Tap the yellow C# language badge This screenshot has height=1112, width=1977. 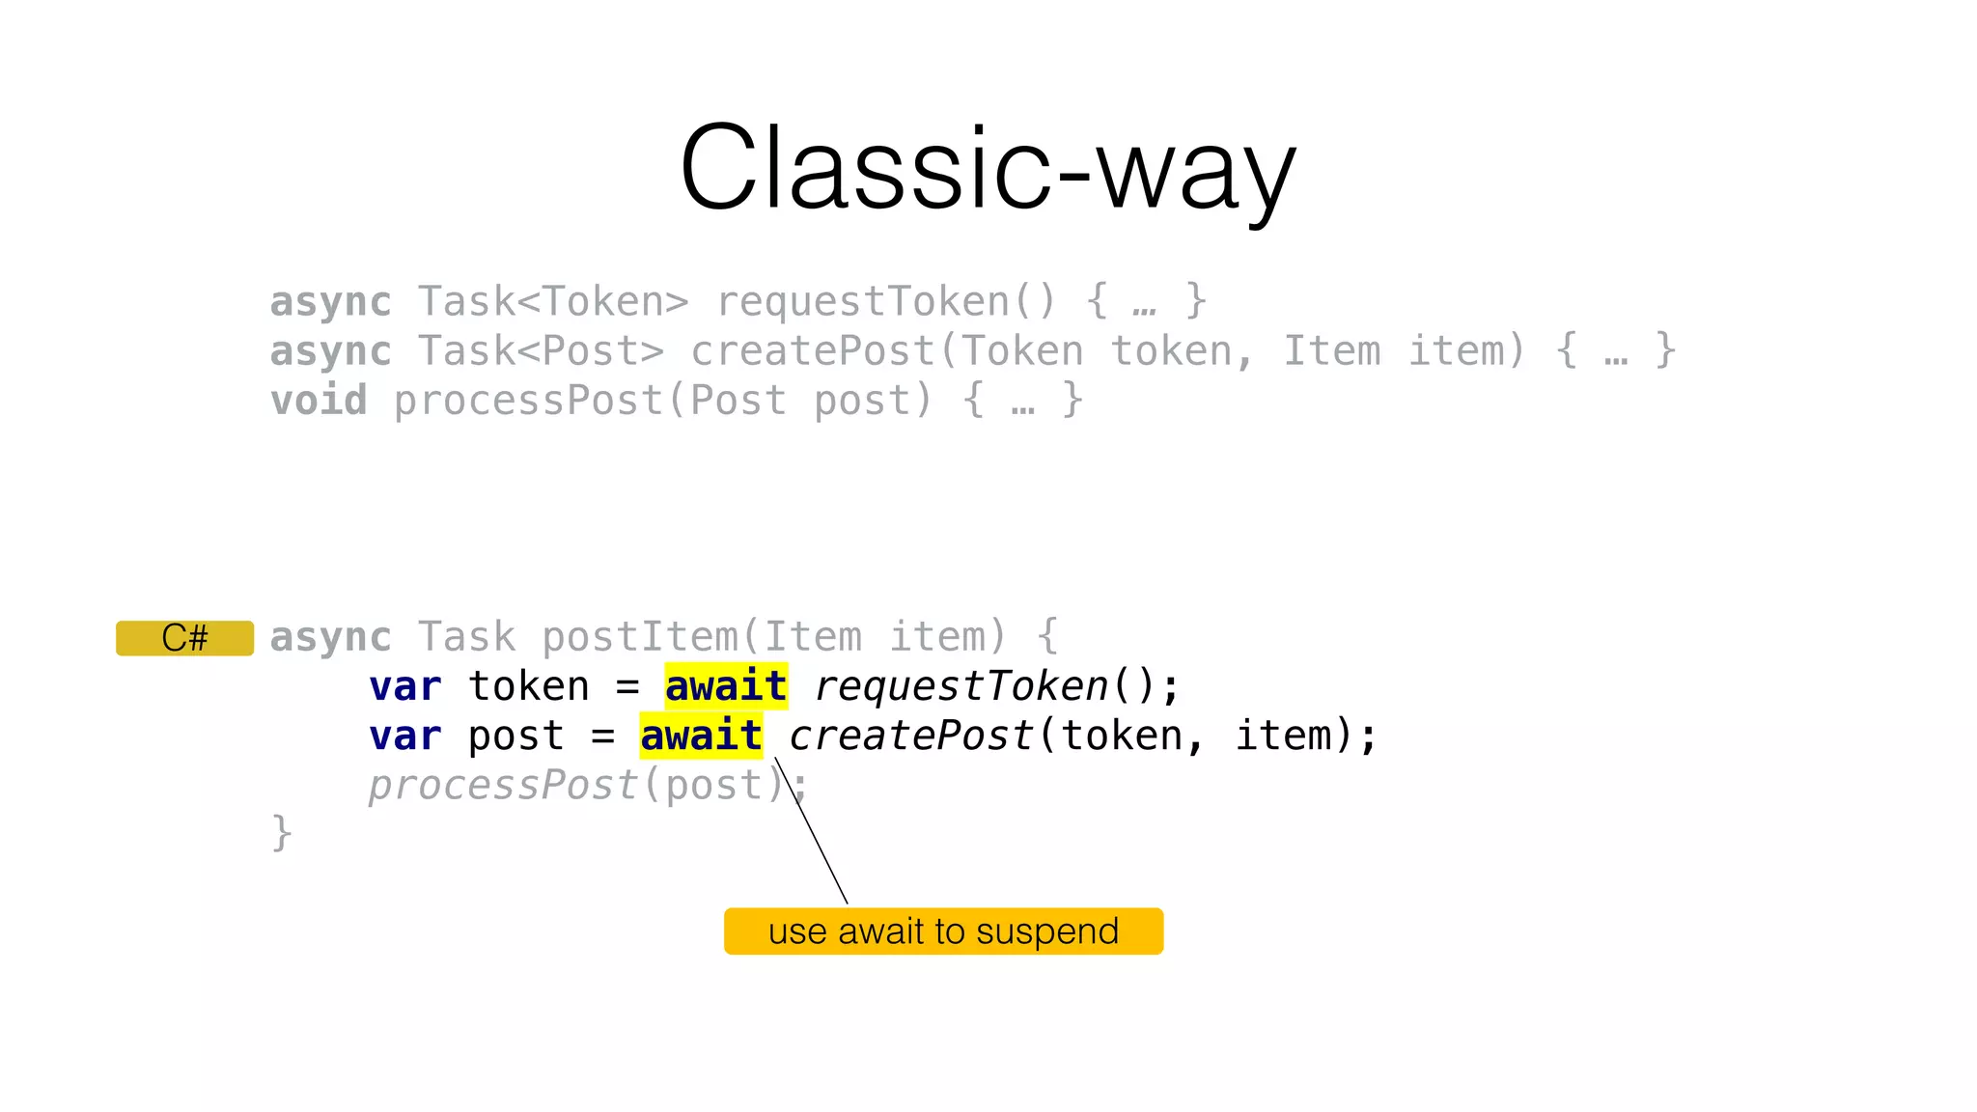click(184, 638)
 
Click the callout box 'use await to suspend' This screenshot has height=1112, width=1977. click(943, 931)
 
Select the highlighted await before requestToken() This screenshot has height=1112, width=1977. click(726, 686)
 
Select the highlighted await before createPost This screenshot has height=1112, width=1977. click(701, 736)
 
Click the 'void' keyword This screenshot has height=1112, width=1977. click(319, 401)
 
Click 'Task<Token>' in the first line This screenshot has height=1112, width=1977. click(553, 302)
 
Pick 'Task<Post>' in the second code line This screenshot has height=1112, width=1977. click(541, 351)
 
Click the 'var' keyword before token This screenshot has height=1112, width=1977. click(404, 686)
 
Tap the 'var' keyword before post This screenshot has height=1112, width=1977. click(404, 736)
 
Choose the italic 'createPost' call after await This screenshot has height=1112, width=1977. click(911, 736)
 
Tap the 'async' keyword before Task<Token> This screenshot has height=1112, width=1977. click(330, 302)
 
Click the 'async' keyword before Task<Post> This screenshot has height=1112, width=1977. click(330, 351)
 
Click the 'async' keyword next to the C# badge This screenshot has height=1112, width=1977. click(330, 637)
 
